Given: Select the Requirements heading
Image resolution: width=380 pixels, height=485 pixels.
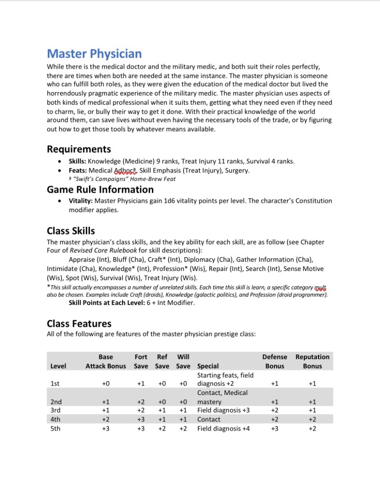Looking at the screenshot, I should pos(79,149).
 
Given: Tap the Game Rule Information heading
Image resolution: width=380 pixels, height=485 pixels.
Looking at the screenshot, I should pos(100,189).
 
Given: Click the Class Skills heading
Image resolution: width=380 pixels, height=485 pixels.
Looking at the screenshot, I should pos(71,231).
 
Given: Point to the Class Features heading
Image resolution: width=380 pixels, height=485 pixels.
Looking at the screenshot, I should pos(79,323).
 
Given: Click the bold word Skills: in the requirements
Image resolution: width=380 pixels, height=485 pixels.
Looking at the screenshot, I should pos(77,162).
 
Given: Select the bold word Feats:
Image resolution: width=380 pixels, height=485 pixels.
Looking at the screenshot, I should pos(78,171).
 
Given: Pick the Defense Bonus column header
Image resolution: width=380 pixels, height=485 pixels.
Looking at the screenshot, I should pos(274,361).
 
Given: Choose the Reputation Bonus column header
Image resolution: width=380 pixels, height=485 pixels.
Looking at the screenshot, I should pos(312,361).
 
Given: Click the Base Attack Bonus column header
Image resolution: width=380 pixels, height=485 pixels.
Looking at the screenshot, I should pos(106,361).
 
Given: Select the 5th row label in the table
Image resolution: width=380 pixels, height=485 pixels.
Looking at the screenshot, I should pos(55,429).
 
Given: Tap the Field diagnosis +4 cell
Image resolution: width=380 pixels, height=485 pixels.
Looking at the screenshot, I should pos(223,429).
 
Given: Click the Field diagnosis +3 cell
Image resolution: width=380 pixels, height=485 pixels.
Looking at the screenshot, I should pos(223,410).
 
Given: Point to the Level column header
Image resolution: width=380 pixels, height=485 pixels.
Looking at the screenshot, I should pos(58,366).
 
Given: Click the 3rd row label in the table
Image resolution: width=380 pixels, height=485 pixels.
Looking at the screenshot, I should pos(55,410).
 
